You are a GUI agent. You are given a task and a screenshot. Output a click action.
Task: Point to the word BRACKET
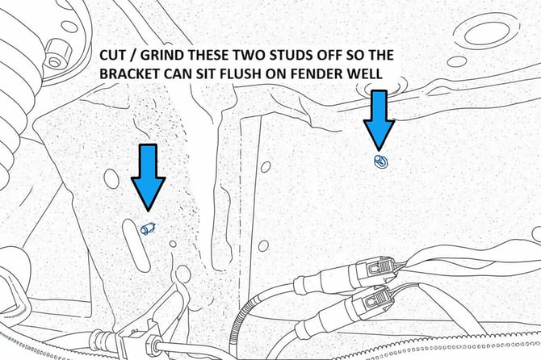(x=130, y=73)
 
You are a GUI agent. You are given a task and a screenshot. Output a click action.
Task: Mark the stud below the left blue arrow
(x=148, y=228)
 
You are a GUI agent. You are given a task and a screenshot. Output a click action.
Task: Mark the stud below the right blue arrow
(x=381, y=161)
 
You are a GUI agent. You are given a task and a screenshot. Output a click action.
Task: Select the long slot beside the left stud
(x=136, y=245)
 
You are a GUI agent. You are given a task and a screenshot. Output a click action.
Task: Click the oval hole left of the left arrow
(x=111, y=179)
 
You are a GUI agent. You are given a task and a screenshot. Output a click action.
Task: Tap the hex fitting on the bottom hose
(x=153, y=344)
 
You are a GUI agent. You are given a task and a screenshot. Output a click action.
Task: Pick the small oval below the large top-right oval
(x=457, y=61)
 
